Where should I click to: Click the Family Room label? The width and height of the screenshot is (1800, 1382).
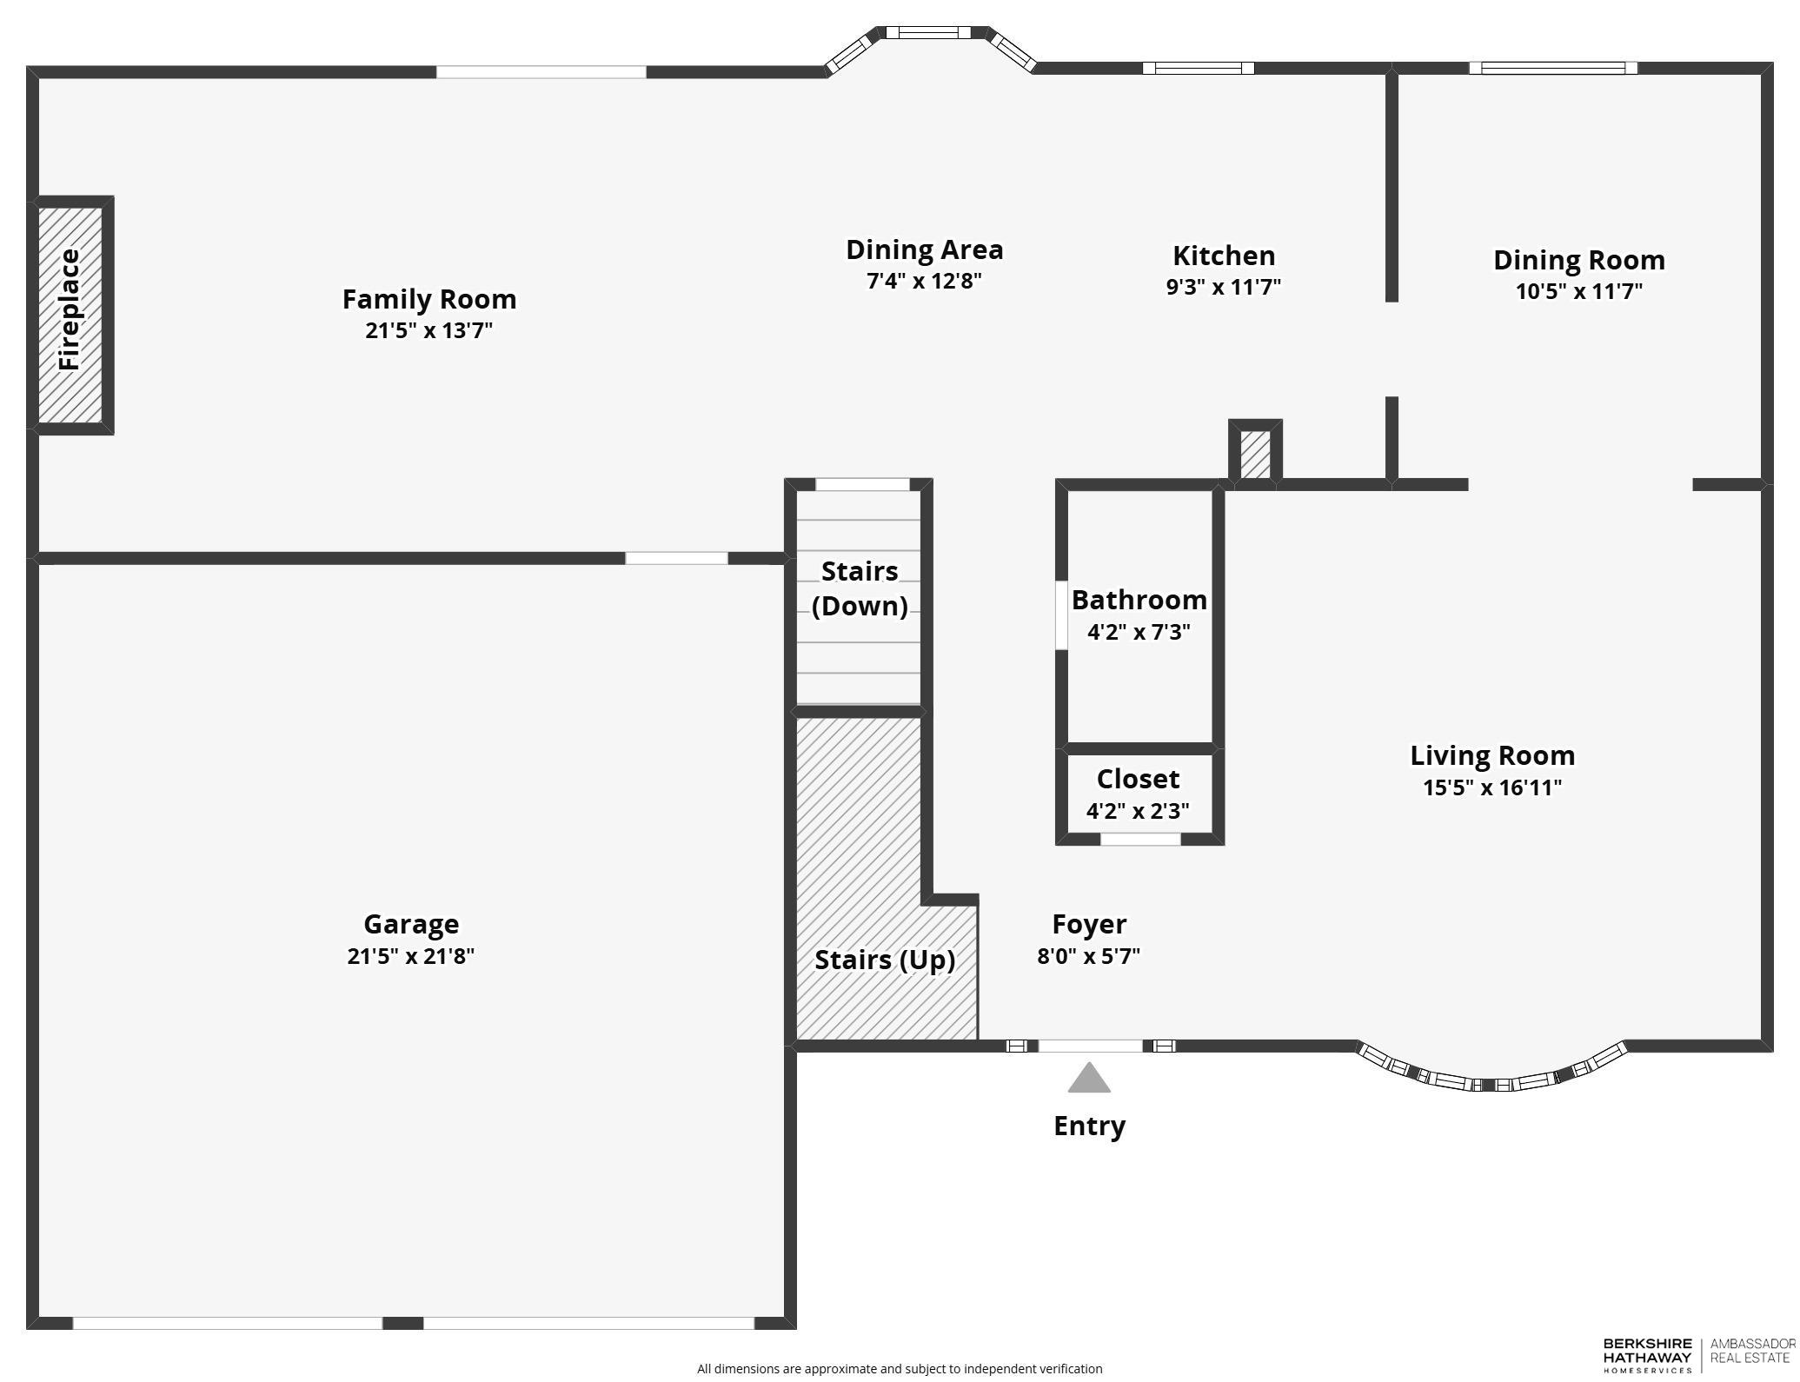pyautogui.click(x=429, y=299)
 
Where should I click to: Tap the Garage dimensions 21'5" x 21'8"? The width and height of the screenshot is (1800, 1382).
pyautogui.click(x=410, y=956)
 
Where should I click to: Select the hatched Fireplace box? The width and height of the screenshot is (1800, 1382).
pyautogui.click(x=70, y=315)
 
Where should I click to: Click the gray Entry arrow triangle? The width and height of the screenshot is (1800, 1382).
pyautogui.click(x=1089, y=1080)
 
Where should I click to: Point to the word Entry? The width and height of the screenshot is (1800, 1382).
pyautogui.click(x=1089, y=1126)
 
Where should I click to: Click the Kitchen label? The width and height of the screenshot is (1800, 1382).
pyautogui.click(x=1224, y=256)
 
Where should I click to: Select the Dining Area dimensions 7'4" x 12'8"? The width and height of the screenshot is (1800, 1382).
pyautogui.click(x=924, y=281)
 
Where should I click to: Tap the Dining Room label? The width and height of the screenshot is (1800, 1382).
pyautogui.click(x=1578, y=260)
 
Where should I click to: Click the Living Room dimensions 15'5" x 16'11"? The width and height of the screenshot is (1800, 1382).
pyautogui.click(x=1491, y=787)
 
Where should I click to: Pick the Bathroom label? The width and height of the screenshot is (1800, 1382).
pyautogui.click(x=1139, y=600)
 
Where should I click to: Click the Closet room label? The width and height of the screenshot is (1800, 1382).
pyautogui.click(x=1138, y=779)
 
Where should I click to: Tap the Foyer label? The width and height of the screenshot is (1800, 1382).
pyautogui.click(x=1089, y=924)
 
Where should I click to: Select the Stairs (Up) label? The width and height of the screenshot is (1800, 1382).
pyautogui.click(x=885, y=960)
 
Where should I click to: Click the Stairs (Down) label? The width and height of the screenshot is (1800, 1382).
pyautogui.click(x=860, y=588)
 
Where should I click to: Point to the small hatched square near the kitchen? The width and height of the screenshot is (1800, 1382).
pyautogui.click(x=1255, y=453)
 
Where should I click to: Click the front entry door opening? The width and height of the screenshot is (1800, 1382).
pyautogui.click(x=1091, y=1046)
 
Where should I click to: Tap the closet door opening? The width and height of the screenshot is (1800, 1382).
pyautogui.click(x=1140, y=839)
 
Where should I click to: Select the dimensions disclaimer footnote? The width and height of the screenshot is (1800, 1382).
pyautogui.click(x=900, y=1369)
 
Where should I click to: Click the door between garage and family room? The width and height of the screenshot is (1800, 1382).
pyautogui.click(x=676, y=558)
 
